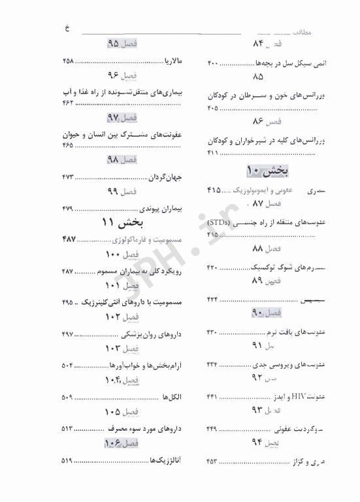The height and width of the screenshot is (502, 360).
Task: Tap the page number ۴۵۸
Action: pos(68,61)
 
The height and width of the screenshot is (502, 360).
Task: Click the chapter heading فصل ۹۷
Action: pos(122,118)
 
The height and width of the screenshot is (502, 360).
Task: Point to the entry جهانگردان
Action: pos(165,177)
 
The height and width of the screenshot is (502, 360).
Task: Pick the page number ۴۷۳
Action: pos(68,177)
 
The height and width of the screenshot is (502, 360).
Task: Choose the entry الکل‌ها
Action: pos(171,397)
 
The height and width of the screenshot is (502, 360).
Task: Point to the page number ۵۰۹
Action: pos(68,397)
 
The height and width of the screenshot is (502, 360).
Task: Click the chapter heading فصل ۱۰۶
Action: pos(122,443)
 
